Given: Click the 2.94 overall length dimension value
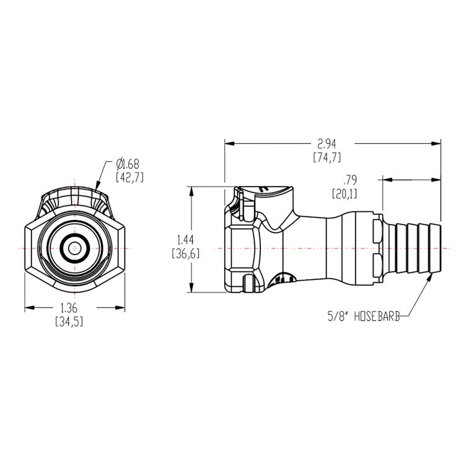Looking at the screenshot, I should pyautogui.click(x=327, y=144).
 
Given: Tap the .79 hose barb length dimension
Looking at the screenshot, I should pyautogui.click(x=350, y=180).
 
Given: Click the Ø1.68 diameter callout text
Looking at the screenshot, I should pyautogui.click(x=128, y=164).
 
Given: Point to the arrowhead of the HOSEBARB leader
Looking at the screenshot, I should pyautogui.click(x=429, y=278).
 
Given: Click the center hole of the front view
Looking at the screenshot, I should pyautogui.click(x=75, y=248).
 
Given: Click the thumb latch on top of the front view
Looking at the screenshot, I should pyautogui.click(x=75, y=200).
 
